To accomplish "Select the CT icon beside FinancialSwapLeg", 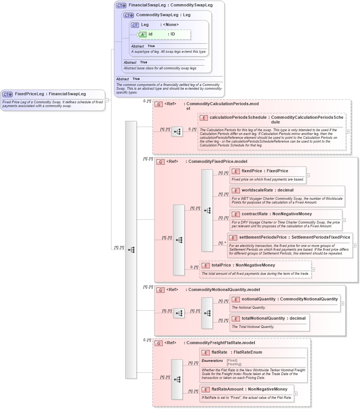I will tap(121, 5).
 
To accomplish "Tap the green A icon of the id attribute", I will tap(142, 34).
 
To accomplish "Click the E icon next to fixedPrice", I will tap(236, 171).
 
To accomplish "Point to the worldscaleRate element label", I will tap(257, 190).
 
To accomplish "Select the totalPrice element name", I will tap(222, 265).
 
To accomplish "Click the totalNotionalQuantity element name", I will tap(263, 319).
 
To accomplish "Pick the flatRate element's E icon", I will tap(206, 352).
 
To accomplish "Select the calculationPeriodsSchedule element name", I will tap(238, 118).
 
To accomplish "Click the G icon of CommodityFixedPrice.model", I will tap(160, 162).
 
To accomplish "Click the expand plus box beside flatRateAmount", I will tap(296, 394).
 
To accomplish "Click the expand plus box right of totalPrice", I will tap(313, 270).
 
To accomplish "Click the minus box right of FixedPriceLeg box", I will tap(107, 100).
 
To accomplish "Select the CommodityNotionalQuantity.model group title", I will tap(224, 290).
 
